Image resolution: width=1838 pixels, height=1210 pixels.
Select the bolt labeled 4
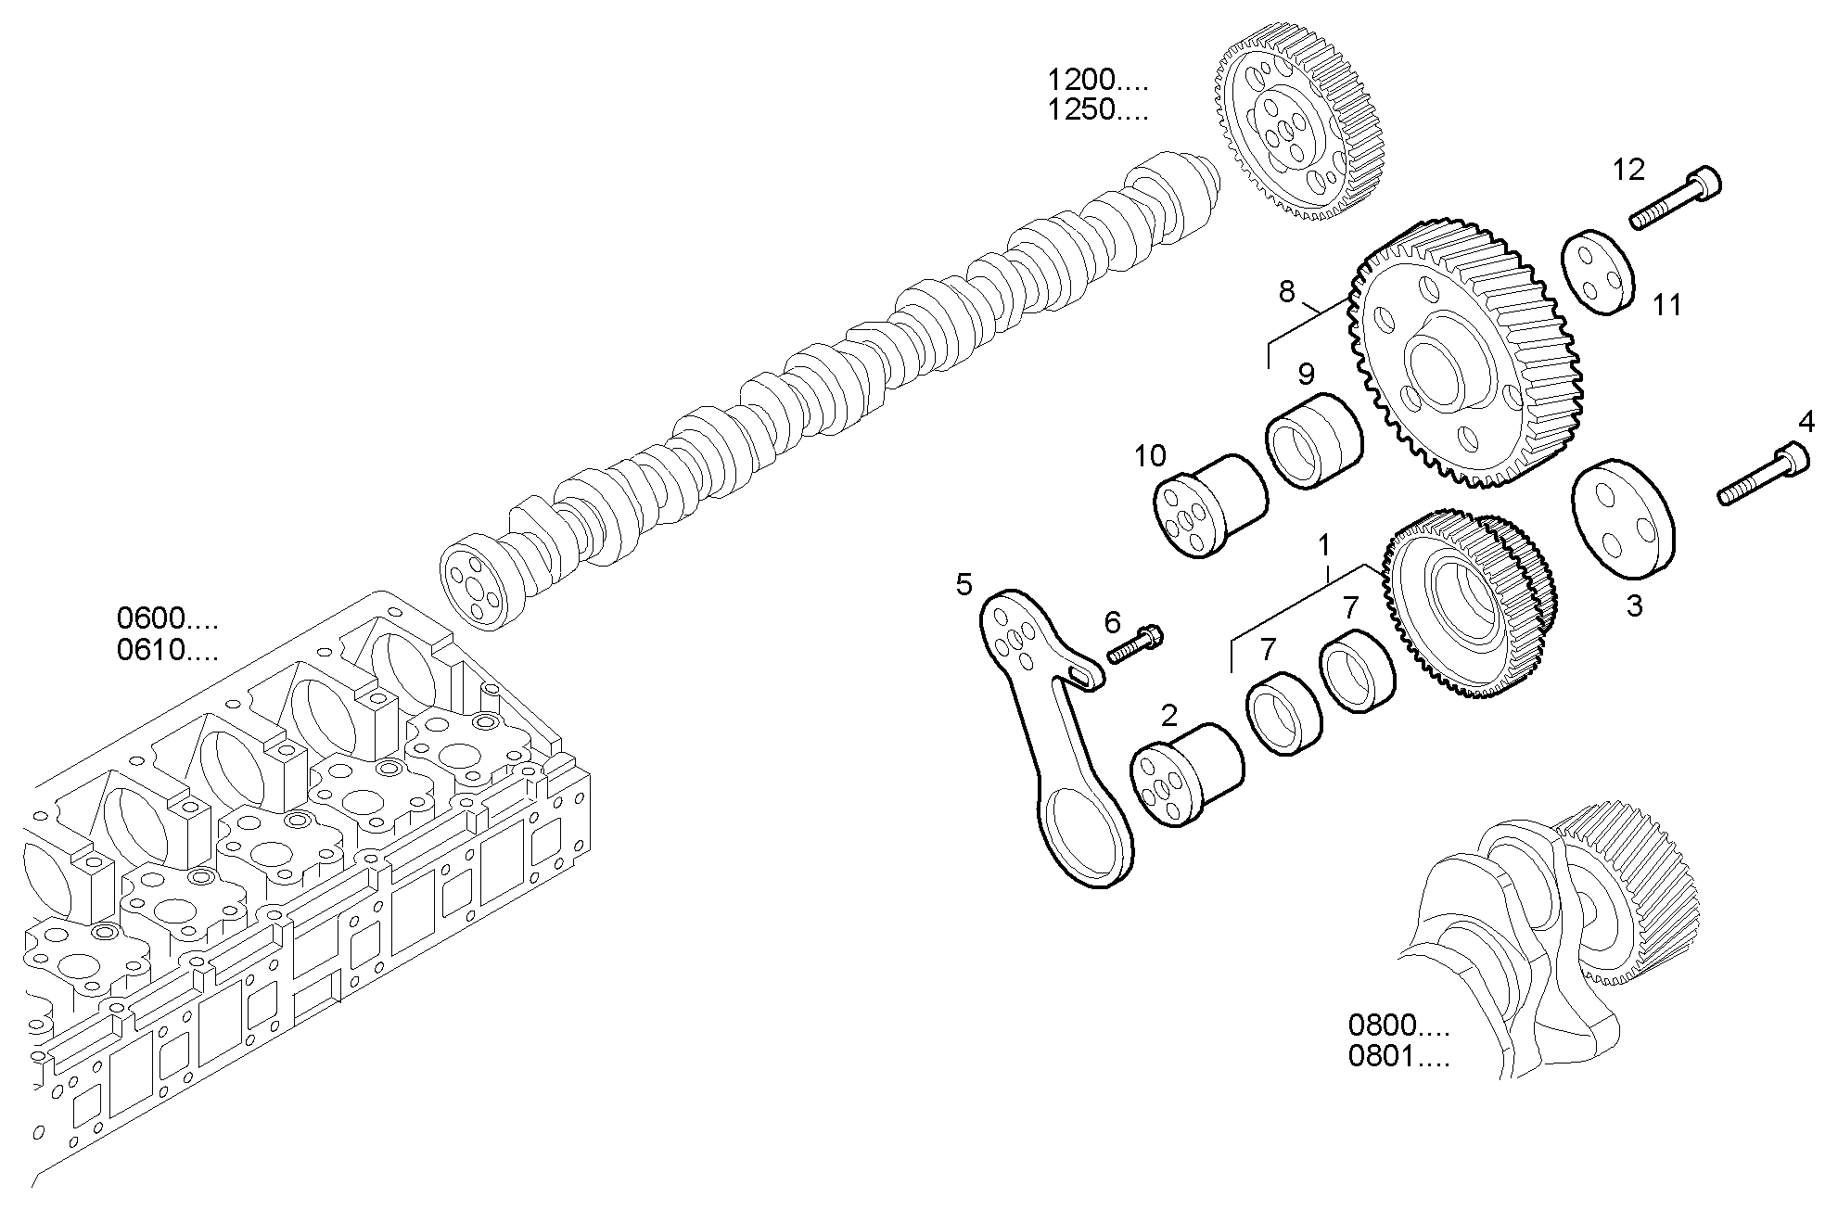pyautogui.click(x=1764, y=475)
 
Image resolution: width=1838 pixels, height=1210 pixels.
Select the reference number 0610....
pyautogui.click(x=167, y=651)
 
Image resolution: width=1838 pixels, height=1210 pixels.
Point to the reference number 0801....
pyautogui.click(x=1398, y=1056)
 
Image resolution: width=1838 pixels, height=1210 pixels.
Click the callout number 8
pyautogui.click(x=1286, y=291)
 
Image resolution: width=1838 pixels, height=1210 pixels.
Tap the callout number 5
pyautogui.click(x=964, y=584)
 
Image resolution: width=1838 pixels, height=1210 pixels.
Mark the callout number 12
pyautogui.click(x=1627, y=170)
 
